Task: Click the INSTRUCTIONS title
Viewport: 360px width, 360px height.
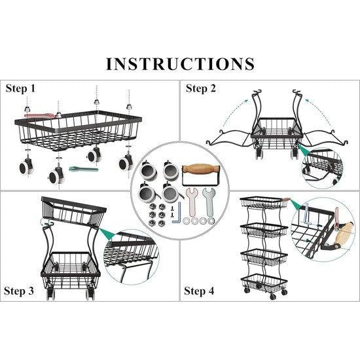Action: (x=180, y=63)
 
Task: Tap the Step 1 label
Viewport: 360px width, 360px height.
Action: (x=21, y=88)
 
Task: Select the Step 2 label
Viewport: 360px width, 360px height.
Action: (x=201, y=88)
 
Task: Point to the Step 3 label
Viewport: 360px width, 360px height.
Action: (x=19, y=291)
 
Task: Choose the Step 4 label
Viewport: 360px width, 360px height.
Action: (x=199, y=291)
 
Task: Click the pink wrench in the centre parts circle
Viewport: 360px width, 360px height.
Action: (x=192, y=202)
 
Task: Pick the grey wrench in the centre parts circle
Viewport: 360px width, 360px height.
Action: (x=208, y=202)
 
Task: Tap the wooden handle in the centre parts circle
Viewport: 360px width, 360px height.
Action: (x=200, y=170)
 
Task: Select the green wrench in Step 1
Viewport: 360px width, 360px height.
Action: (x=84, y=170)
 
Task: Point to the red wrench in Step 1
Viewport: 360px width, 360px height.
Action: (x=39, y=115)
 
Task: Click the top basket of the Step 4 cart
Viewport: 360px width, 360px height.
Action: (x=263, y=202)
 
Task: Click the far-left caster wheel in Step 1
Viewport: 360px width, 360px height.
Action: (x=26, y=167)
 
